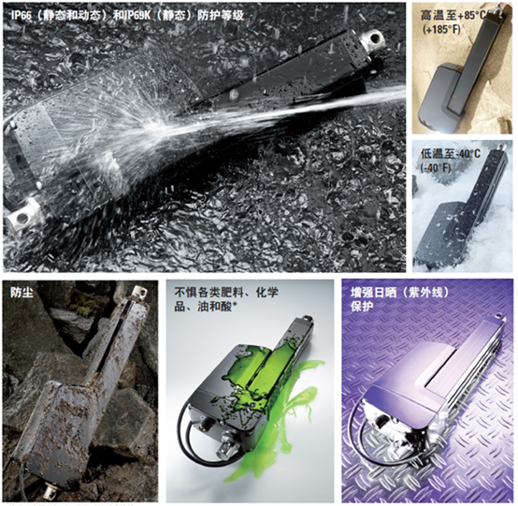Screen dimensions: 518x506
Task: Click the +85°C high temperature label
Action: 468,15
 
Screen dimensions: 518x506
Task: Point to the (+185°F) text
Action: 441,29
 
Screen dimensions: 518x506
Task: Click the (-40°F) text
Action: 436,168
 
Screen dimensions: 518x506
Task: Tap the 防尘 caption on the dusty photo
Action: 22,292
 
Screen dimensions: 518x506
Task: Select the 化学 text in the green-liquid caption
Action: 267,292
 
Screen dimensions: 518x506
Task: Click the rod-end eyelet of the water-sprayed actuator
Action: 373,39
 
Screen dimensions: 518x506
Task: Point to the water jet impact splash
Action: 161,125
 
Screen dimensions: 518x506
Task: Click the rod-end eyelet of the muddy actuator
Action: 140,292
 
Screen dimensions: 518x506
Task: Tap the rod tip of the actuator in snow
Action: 501,145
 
